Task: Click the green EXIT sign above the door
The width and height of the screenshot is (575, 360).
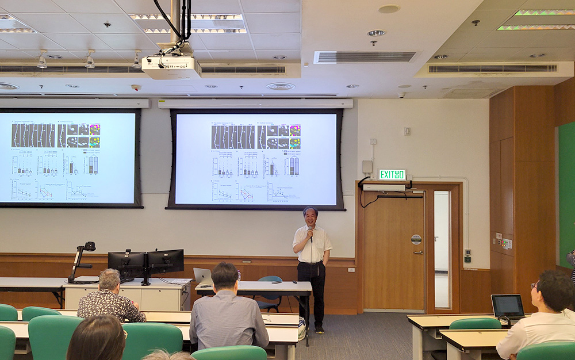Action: click(x=392, y=174)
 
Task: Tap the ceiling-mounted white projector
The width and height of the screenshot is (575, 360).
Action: click(x=171, y=66)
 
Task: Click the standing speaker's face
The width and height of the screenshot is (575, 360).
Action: click(x=310, y=217)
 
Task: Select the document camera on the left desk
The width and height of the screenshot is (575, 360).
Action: click(x=82, y=262)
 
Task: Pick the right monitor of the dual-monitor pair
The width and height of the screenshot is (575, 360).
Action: click(x=166, y=261)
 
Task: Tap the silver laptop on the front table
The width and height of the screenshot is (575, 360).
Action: click(x=202, y=275)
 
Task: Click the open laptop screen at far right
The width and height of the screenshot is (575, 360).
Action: click(x=508, y=306)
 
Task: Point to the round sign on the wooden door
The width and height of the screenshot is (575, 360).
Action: click(x=416, y=239)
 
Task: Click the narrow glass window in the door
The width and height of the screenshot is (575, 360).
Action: click(x=442, y=249)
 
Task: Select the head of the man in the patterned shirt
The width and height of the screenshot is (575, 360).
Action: click(x=109, y=280)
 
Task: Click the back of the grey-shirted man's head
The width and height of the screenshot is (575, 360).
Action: click(x=225, y=277)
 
